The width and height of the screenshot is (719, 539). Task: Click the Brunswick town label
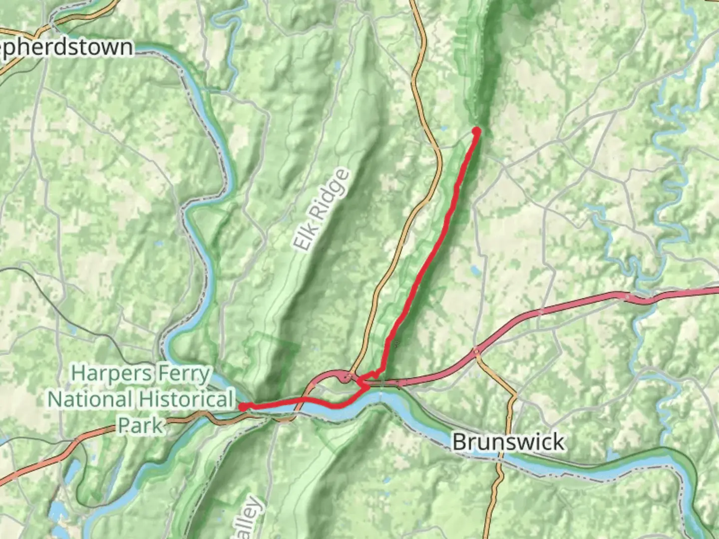[x=508, y=442]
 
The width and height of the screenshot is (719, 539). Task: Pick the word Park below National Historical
[x=140, y=425]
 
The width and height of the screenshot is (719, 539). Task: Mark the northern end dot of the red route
[x=476, y=131]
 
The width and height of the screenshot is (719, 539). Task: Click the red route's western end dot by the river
[x=243, y=407]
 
